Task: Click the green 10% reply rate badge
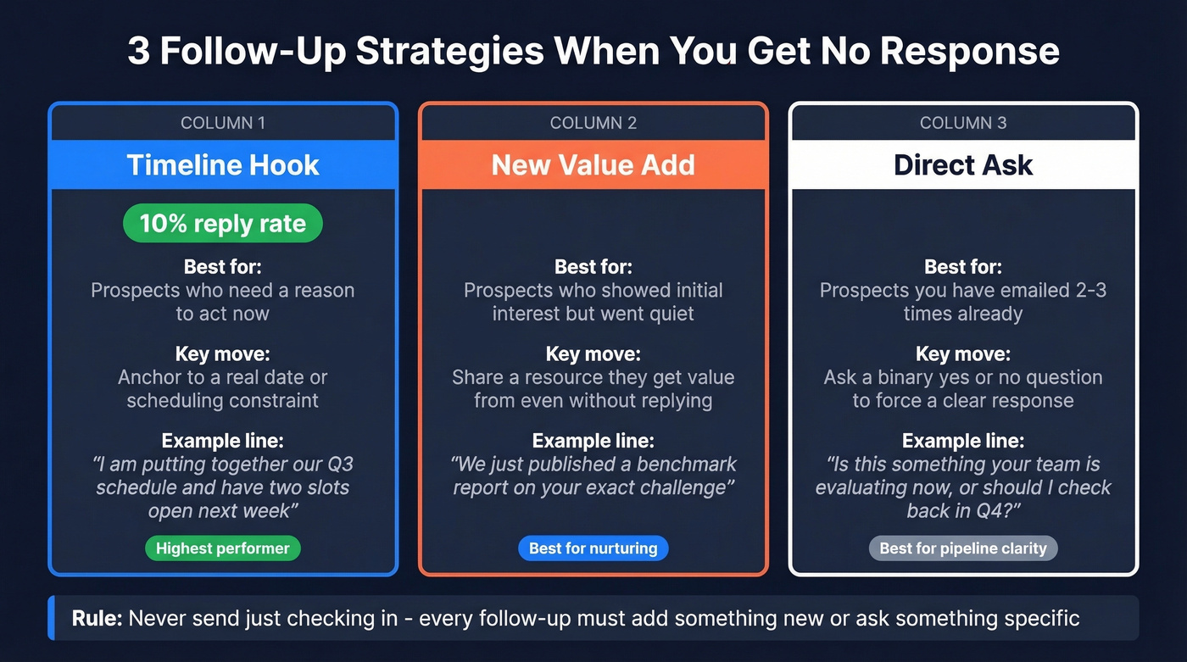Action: [x=223, y=224]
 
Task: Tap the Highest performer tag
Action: [x=223, y=548]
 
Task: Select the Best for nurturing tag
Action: [x=593, y=548]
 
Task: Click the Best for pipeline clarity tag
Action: [x=963, y=548]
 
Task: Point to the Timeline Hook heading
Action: [x=223, y=164]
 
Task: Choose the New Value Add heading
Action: [x=593, y=164]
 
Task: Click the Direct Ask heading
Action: [x=963, y=164]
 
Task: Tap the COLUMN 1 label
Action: [x=223, y=123]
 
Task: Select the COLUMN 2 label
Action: [x=593, y=123]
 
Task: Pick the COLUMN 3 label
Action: [x=963, y=123]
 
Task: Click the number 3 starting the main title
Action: [x=137, y=51]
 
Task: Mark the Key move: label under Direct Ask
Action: [x=963, y=353]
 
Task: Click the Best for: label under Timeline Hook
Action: [x=223, y=267]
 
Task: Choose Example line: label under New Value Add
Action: [x=593, y=441]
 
